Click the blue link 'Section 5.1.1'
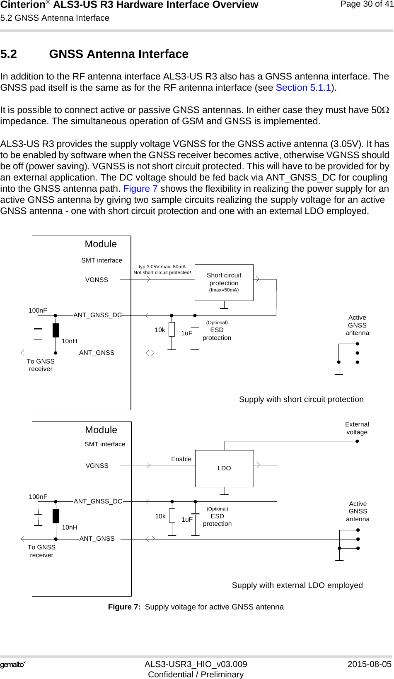[303, 88]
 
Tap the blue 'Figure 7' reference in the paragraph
[140, 189]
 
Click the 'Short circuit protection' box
[224, 282]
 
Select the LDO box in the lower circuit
[224, 468]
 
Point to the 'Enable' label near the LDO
[181, 459]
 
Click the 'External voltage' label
[357, 428]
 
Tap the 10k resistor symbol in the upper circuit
[172, 330]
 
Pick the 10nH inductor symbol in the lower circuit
[56, 516]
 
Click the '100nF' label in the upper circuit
[38, 311]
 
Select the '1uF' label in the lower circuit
[187, 520]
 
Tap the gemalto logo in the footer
[13, 665]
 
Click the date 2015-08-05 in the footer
[369, 664]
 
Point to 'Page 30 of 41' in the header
[367, 4]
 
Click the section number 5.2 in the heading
[9, 54]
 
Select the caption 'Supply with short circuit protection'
[301, 400]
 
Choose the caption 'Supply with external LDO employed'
[297, 585]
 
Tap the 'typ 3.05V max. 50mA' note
[162, 267]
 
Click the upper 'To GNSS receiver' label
[41, 365]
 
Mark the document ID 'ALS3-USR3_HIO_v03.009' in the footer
[196, 664]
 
